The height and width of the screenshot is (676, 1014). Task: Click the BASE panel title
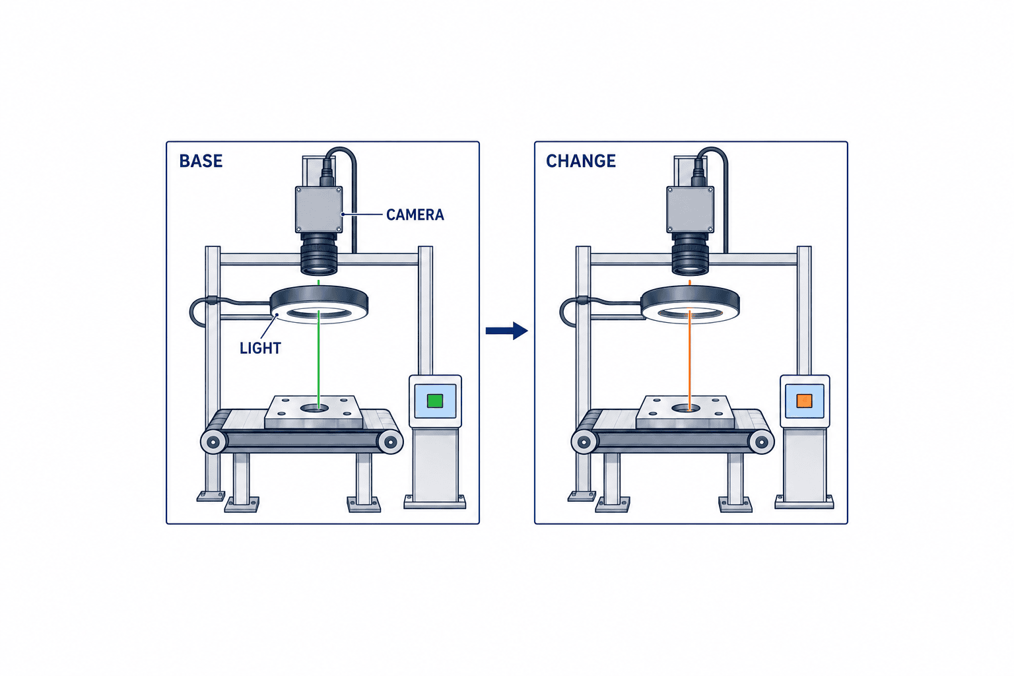[x=201, y=161]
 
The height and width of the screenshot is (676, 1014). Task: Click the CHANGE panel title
[x=581, y=161]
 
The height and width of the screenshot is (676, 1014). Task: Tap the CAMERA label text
[x=415, y=215]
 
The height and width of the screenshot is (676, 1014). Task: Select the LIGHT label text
[x=260, y=348]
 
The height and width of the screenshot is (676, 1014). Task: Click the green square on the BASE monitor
[x=435, y=401]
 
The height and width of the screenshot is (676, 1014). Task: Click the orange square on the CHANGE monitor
[x=805, y=401]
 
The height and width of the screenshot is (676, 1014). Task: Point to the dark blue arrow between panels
[x=506, y=331]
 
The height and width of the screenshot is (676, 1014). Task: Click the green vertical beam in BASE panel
[x=319, y=358]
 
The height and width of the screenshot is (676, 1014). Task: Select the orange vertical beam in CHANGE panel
[x=689, y=358]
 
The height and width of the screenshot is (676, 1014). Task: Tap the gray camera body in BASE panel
[x=319, y=210]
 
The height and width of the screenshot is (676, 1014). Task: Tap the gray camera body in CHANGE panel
[x=691, y=210]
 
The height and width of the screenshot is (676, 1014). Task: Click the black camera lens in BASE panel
[x=319, y=254]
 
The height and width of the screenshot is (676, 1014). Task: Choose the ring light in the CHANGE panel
[x=691, y=304]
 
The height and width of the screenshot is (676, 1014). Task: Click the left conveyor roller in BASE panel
[x=214, y=442]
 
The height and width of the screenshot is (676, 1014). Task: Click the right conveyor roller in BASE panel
[x=389, y=442]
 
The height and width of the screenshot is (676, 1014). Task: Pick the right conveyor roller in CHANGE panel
[x=761, y=442]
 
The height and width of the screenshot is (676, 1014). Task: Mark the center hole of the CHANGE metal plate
[x=686, y=408]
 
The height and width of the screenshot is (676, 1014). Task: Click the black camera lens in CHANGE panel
[x=691, y=254]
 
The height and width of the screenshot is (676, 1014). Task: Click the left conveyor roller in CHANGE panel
[x=584, y=442]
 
